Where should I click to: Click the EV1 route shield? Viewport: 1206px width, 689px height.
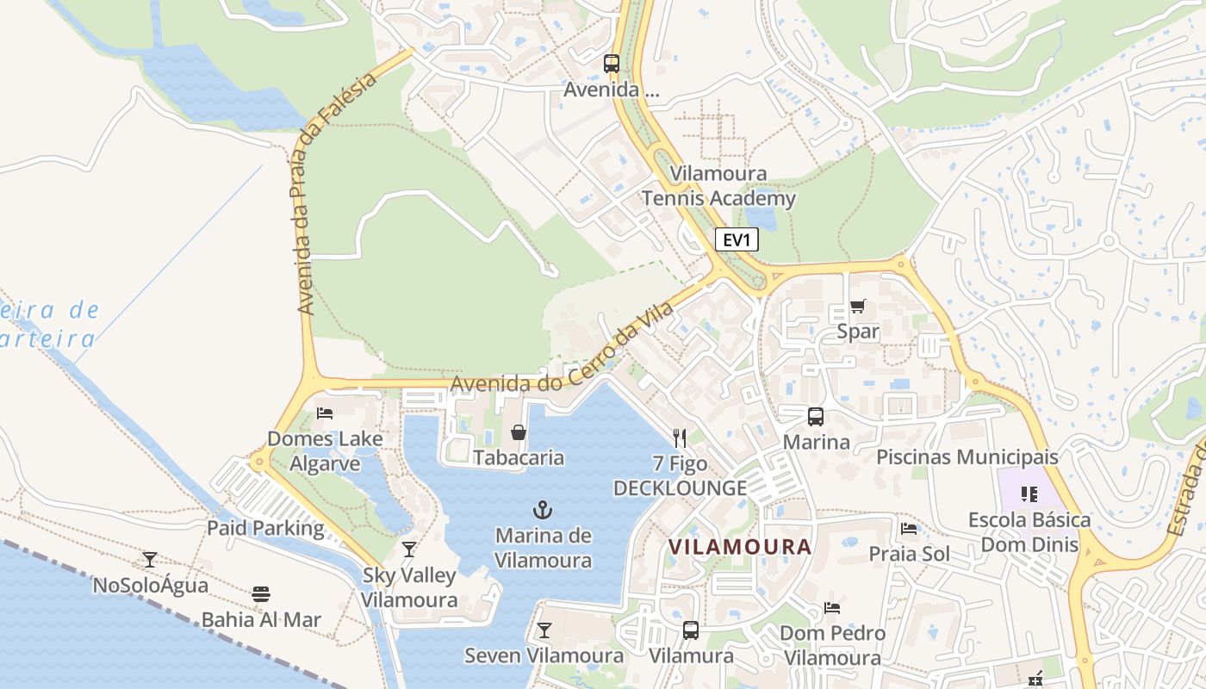point(737,239)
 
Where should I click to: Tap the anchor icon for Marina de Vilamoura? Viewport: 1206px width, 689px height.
point(543,509)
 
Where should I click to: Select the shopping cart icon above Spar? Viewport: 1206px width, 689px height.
point(857,306)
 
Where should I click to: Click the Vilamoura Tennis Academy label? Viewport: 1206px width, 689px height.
point(718,186)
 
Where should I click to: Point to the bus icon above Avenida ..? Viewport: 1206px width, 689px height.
point(612,63)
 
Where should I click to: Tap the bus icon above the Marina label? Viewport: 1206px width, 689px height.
point(815,417)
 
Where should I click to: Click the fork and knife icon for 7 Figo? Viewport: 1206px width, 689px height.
point(680,438)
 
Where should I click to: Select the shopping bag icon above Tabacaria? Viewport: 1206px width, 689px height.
point(518,431)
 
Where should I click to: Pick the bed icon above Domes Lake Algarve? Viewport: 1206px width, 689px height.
point(325,413)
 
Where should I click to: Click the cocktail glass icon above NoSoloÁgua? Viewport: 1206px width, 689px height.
point(150,560)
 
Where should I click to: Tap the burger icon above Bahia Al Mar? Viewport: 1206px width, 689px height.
point(261,594)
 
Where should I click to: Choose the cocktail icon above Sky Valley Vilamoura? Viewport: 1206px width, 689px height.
point(409,549)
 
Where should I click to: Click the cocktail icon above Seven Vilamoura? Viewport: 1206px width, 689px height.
point(544,630)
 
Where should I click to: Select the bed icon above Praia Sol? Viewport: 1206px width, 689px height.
point(909,528)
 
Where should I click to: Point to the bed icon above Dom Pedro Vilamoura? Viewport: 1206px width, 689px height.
point(832,608)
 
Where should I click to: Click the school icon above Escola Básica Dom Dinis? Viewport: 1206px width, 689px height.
point(1029,494)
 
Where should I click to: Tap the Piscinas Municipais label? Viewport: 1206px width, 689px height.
point(967,456)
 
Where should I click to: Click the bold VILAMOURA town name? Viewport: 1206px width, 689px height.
point(740,547)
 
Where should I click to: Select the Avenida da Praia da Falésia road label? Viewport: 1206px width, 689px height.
point(337,193)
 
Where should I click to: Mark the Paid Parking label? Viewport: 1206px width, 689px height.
point(265,528)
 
